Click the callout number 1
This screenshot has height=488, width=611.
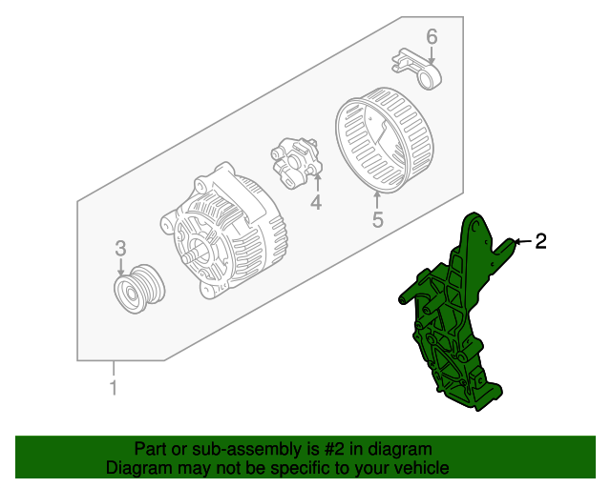tap(114, 387)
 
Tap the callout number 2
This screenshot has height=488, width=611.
tap(540, 241)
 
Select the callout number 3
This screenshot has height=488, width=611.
tap(120, 248)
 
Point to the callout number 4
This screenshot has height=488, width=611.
tap(316, 202)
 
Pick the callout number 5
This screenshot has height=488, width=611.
tap(378, 219)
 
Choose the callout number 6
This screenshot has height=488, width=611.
tap(432, 37)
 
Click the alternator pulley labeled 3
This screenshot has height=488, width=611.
tap(139, 289)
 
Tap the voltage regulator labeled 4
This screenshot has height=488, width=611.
tap(297, 163)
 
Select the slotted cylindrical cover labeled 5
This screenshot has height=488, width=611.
tap(384, 140)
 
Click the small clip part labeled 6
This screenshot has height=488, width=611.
tap(417, 69)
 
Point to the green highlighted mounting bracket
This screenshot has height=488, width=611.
tap(456, 312)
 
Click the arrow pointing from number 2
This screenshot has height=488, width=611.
tap(522, 242)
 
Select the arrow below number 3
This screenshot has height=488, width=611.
tap(121, 267)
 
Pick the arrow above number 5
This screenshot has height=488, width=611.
tap(377, 201)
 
